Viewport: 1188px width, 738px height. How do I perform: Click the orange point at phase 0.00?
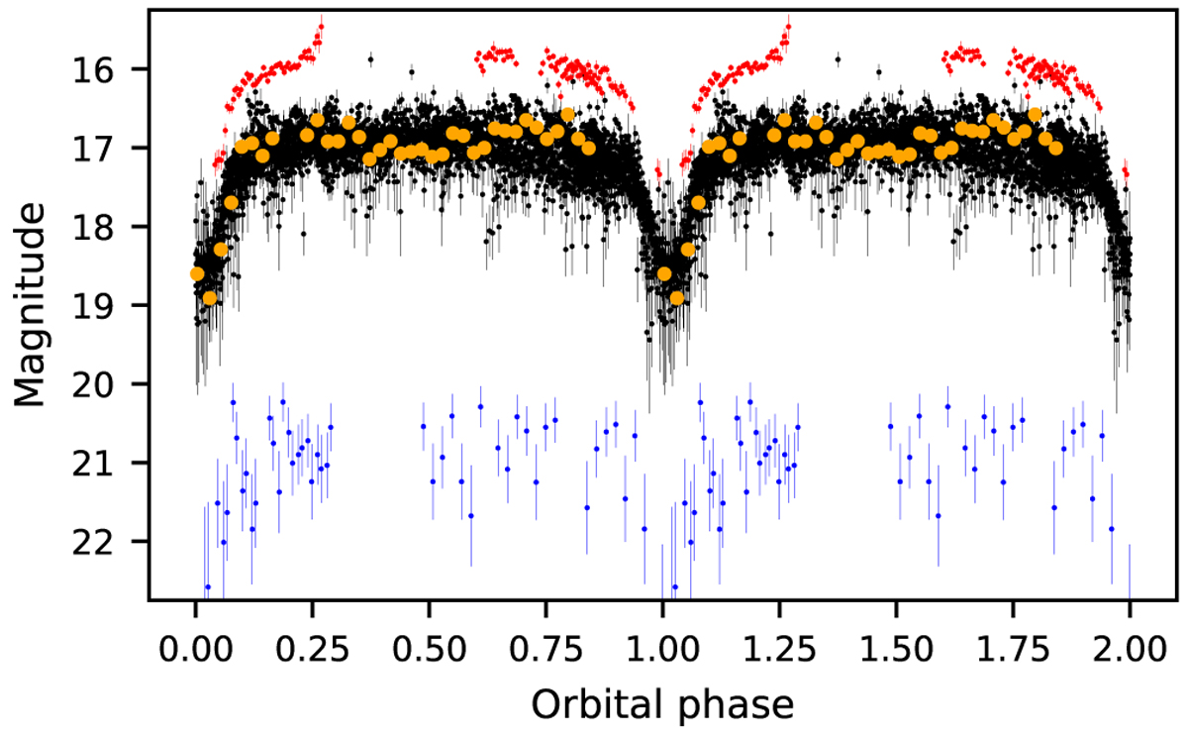click(197, 273)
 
